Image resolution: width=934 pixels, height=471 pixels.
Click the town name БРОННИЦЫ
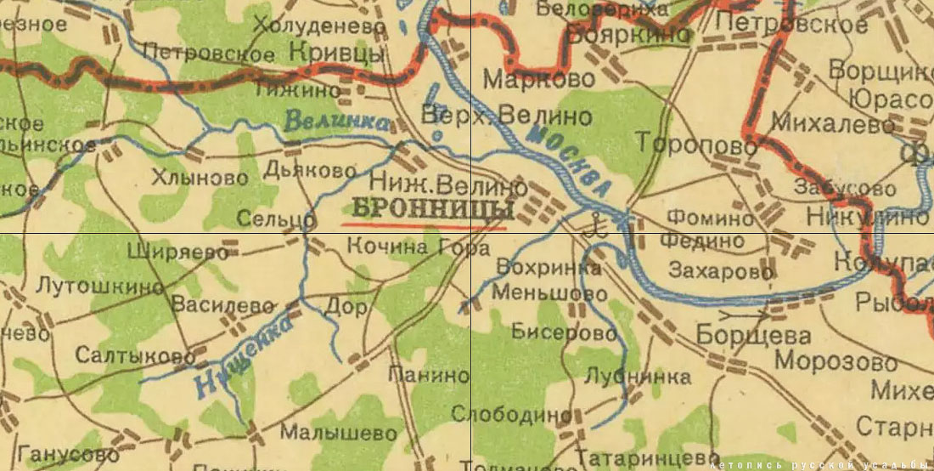pyautogui.click(x=433, y=209)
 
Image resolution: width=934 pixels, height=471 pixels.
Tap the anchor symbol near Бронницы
pyautogui.click(x=597, y=225)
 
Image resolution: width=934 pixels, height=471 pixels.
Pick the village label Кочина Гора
pyautogui.click(x=419, y=249)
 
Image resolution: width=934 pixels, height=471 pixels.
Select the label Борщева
pyautogui.click(x=742, y=335)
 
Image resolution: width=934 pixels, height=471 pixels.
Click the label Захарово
pyautogui.click(x=721, y=271)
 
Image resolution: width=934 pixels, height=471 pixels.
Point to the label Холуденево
pyautogui.click(x=319, y=26)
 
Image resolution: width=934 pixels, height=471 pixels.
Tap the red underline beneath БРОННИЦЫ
pyautogui.click(x=425, y=226)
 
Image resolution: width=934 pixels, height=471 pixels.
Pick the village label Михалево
pyautogui.click(x=833, y=125)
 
